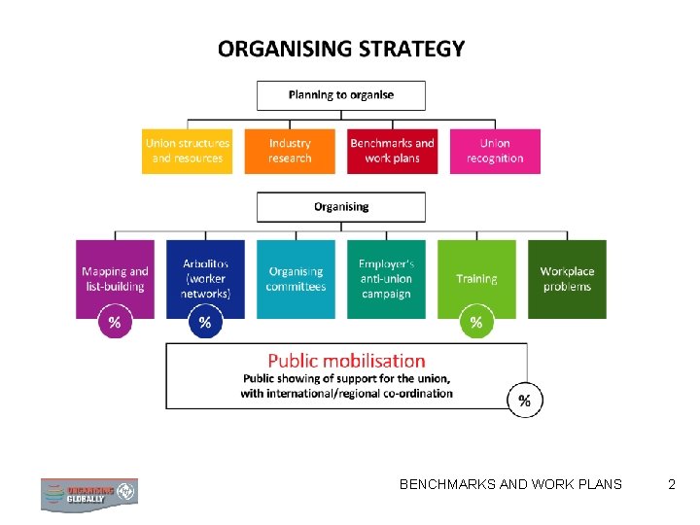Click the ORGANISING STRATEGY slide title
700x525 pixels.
point(341,49)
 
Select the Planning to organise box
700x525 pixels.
point(340,94)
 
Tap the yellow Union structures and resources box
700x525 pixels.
point(188,151)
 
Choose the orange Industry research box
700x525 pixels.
point(290,151)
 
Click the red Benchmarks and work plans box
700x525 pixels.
point(392,151)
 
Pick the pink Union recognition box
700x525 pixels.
point(495,151)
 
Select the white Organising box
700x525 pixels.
point(340,207)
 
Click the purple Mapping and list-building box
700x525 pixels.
point(115,278)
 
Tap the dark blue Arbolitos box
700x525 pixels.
point(205,278)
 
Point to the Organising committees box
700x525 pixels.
point(296,278)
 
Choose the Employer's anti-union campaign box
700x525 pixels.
point(386,278)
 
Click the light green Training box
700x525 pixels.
point(476,278)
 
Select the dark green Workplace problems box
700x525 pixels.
point(567,278)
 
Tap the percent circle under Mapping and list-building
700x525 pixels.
point(115,323)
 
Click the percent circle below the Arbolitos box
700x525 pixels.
point(205,323)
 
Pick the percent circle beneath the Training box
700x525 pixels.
point(476,323)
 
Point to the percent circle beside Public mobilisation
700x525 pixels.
point(525,400)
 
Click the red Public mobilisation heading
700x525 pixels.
point(346,362)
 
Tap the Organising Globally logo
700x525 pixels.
point(88,493)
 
